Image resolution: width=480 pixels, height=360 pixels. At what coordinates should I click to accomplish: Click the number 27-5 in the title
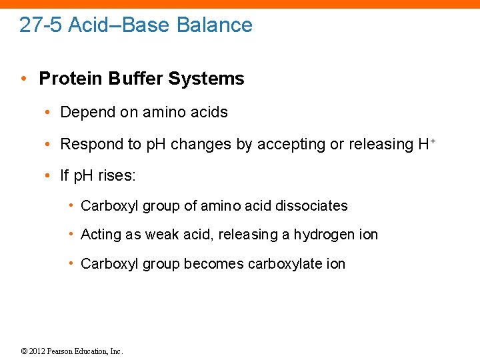(x=41, y=25)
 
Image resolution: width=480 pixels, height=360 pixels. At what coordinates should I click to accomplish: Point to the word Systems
(x=207, y=79)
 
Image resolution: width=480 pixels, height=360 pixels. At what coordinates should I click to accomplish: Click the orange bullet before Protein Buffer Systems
(x=23, y=79)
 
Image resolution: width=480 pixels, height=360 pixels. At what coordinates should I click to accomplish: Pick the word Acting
(x=98, y=235)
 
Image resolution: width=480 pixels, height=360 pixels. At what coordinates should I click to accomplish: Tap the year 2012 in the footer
(x=37, y=351)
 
